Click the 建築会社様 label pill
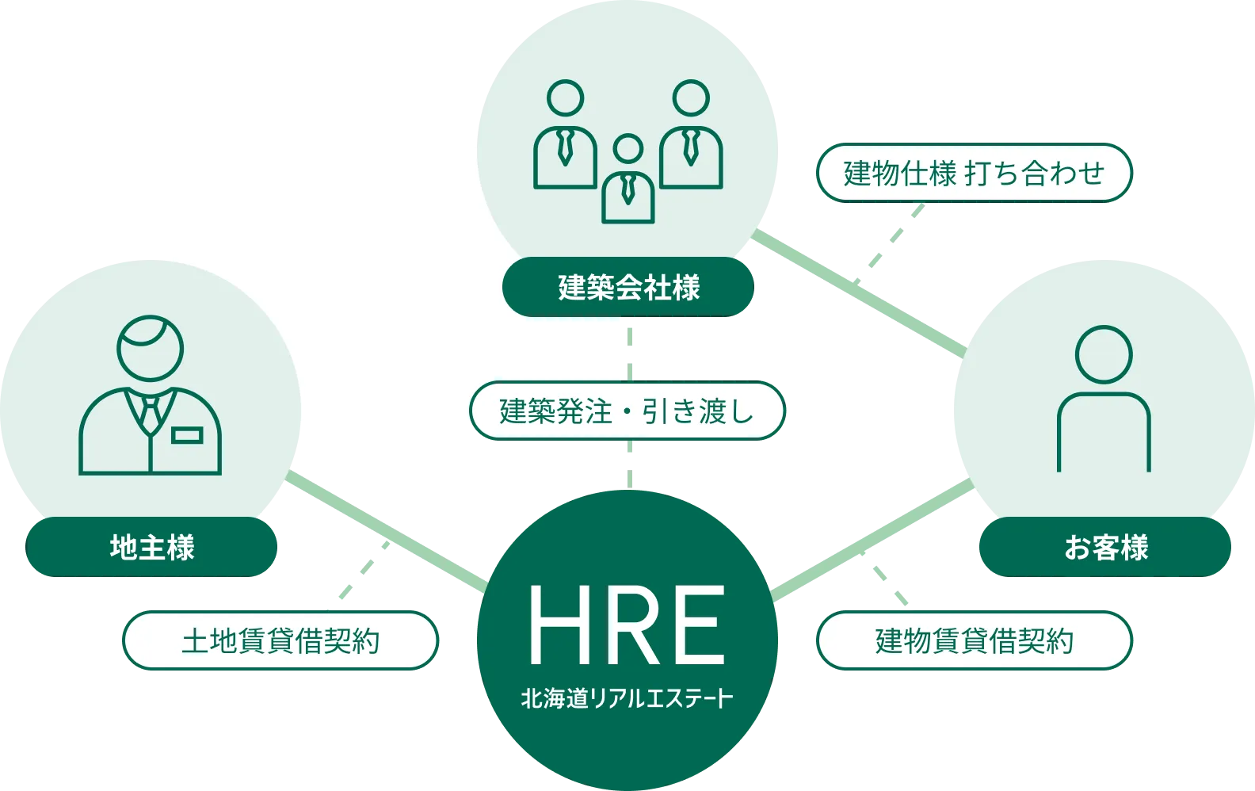628,286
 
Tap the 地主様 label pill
151,547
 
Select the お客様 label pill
1104,547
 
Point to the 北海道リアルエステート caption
627,698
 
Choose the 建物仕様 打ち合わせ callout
975,173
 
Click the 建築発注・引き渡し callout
627,411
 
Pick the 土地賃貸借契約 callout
280,640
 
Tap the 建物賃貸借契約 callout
975,640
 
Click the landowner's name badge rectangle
187,435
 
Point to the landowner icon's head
151,348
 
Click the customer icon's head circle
1104,354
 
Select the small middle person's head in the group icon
628,148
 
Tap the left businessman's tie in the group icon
565,147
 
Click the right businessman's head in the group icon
691,98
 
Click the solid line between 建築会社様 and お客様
859,293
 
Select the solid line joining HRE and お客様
872,539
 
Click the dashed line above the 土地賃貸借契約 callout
364,570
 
